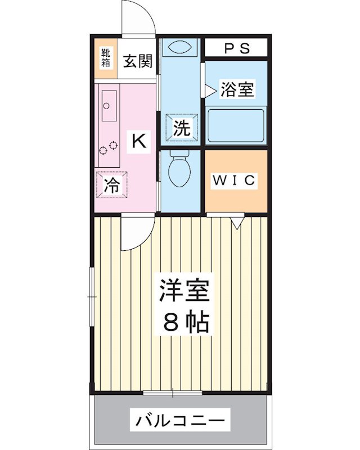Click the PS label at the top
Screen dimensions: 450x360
point(237,48)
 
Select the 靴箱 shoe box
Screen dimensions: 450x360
point(105,60)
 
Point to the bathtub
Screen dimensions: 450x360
point(235,125)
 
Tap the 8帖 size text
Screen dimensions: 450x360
point(186,322)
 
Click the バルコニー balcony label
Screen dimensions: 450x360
point(181,419)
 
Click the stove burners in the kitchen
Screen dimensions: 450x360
point(107,148)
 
